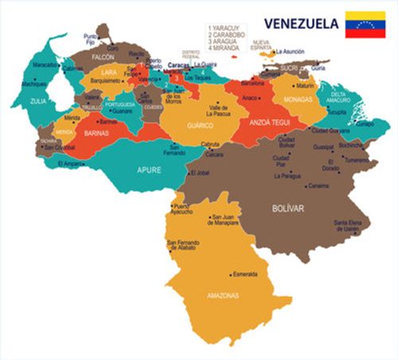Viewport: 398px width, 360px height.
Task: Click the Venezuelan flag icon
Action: (365, 25)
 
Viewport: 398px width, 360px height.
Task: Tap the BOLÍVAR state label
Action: (288, 208)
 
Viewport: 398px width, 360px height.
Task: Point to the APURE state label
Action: (149, 170)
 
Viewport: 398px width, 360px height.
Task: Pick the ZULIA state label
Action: (37, 101)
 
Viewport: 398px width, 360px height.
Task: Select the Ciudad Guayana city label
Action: (330, 130)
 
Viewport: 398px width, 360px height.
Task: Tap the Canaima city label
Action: (318, 186)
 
